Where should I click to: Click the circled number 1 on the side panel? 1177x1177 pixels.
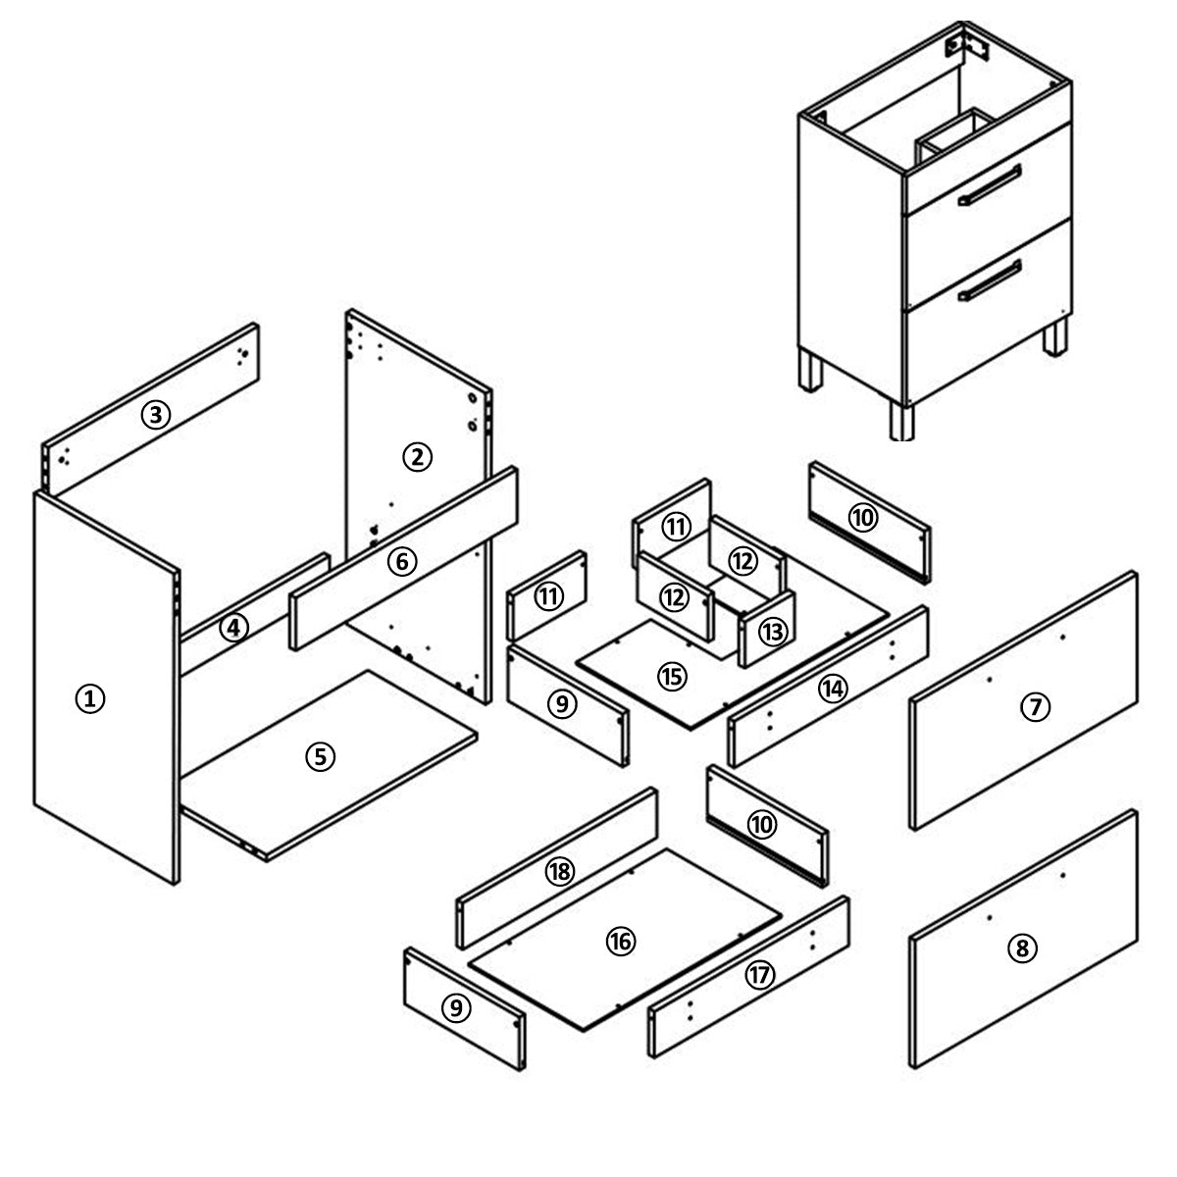click(90, 698)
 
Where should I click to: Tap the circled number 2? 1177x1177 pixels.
click(417, 457)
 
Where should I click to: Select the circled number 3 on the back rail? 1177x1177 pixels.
click(156, 415)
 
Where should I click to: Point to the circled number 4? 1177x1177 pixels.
click(234, 628)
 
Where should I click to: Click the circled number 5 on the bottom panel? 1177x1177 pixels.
click(321, 757)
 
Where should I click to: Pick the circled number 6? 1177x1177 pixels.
click(402, 561)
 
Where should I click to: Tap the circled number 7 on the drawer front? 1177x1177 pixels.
click(1036, 706)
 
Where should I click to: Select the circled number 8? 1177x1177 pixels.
click(1022, 948)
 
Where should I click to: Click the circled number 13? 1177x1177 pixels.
click(773, 633)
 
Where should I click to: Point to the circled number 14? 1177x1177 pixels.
click(833, 689)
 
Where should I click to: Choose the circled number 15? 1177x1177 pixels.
click(672, 676)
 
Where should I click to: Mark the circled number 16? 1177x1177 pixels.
click(621, 942)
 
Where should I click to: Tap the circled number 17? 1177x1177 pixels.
click(760, 975)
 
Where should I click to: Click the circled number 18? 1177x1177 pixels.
click(560, 872)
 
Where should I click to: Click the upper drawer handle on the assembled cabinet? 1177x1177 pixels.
click(990, 184)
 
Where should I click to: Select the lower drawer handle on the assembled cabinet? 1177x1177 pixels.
click(990, 281)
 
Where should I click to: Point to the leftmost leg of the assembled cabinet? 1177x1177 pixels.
click(810, 369)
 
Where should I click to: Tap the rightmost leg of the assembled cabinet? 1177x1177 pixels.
click(1054, 337)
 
